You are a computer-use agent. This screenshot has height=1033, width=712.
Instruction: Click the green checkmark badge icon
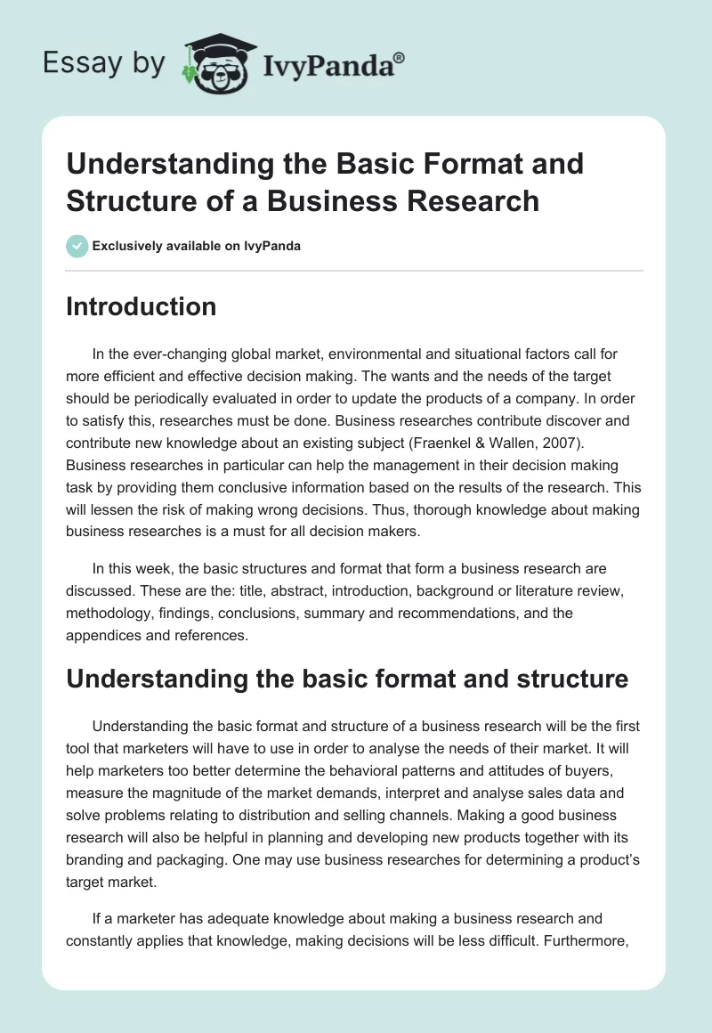pos(77,246)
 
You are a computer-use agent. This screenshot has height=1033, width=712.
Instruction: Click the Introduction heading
pos(141,307)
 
